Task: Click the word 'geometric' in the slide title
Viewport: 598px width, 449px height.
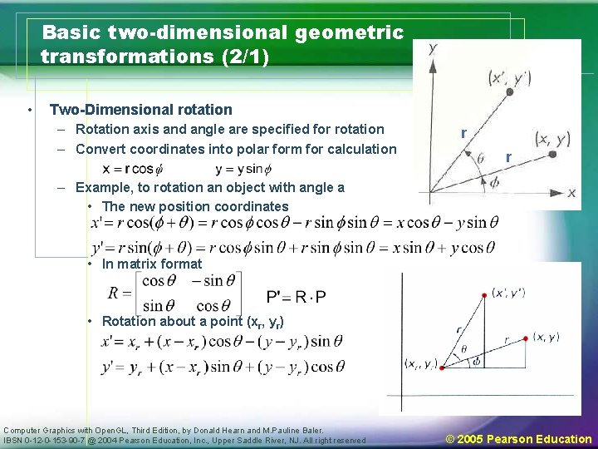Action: [349, 33]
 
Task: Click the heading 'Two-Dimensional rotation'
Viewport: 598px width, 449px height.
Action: [141, 110]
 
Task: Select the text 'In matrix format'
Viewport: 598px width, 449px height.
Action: [152, 264]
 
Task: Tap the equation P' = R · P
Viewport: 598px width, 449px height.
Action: [297, 298]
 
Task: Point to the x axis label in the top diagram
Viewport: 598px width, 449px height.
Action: [571, 193]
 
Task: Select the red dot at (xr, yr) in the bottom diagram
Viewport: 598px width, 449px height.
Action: [443, 367]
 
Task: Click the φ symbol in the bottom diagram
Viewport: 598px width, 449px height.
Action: [476, 362]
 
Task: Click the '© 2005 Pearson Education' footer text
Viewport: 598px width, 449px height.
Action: [519, 439]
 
